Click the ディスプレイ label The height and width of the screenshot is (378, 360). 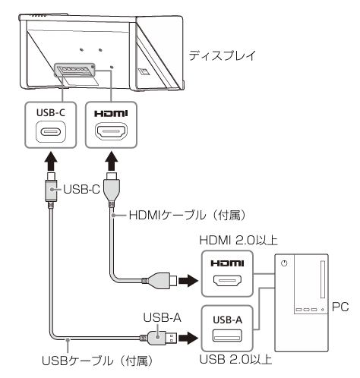tap(223, 55)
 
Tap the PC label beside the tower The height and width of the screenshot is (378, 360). tap(340, 307)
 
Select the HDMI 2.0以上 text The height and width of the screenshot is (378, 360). tap(238, 241)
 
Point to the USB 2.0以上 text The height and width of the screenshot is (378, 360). tap(235, 359)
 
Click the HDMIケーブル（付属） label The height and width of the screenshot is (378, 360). tap(188, 216)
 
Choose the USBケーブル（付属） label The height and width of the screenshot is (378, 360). tap(97, 361)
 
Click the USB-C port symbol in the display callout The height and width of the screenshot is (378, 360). tap(51, 132)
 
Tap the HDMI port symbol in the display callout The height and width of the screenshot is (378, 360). tap(111, 131)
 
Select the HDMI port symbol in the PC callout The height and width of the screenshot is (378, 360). tap(227, 280)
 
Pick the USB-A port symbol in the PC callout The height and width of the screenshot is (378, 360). tap(227, 335)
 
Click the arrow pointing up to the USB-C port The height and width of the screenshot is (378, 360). tap(51, 161)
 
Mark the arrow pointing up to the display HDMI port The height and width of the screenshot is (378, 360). tap(111, 161)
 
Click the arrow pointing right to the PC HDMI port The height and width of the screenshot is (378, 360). tap(188, 280)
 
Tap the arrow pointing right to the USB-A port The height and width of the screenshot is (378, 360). tap(188, 338)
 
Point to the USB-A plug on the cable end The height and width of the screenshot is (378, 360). tap(162, 338)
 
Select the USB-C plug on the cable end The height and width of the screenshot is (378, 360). tap(51, 188)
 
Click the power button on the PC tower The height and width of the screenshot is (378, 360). tap(284, 263)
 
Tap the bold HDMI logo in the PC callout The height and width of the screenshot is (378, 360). tap(227, 263)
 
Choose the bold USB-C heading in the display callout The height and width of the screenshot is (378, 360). tap(51, 112)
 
